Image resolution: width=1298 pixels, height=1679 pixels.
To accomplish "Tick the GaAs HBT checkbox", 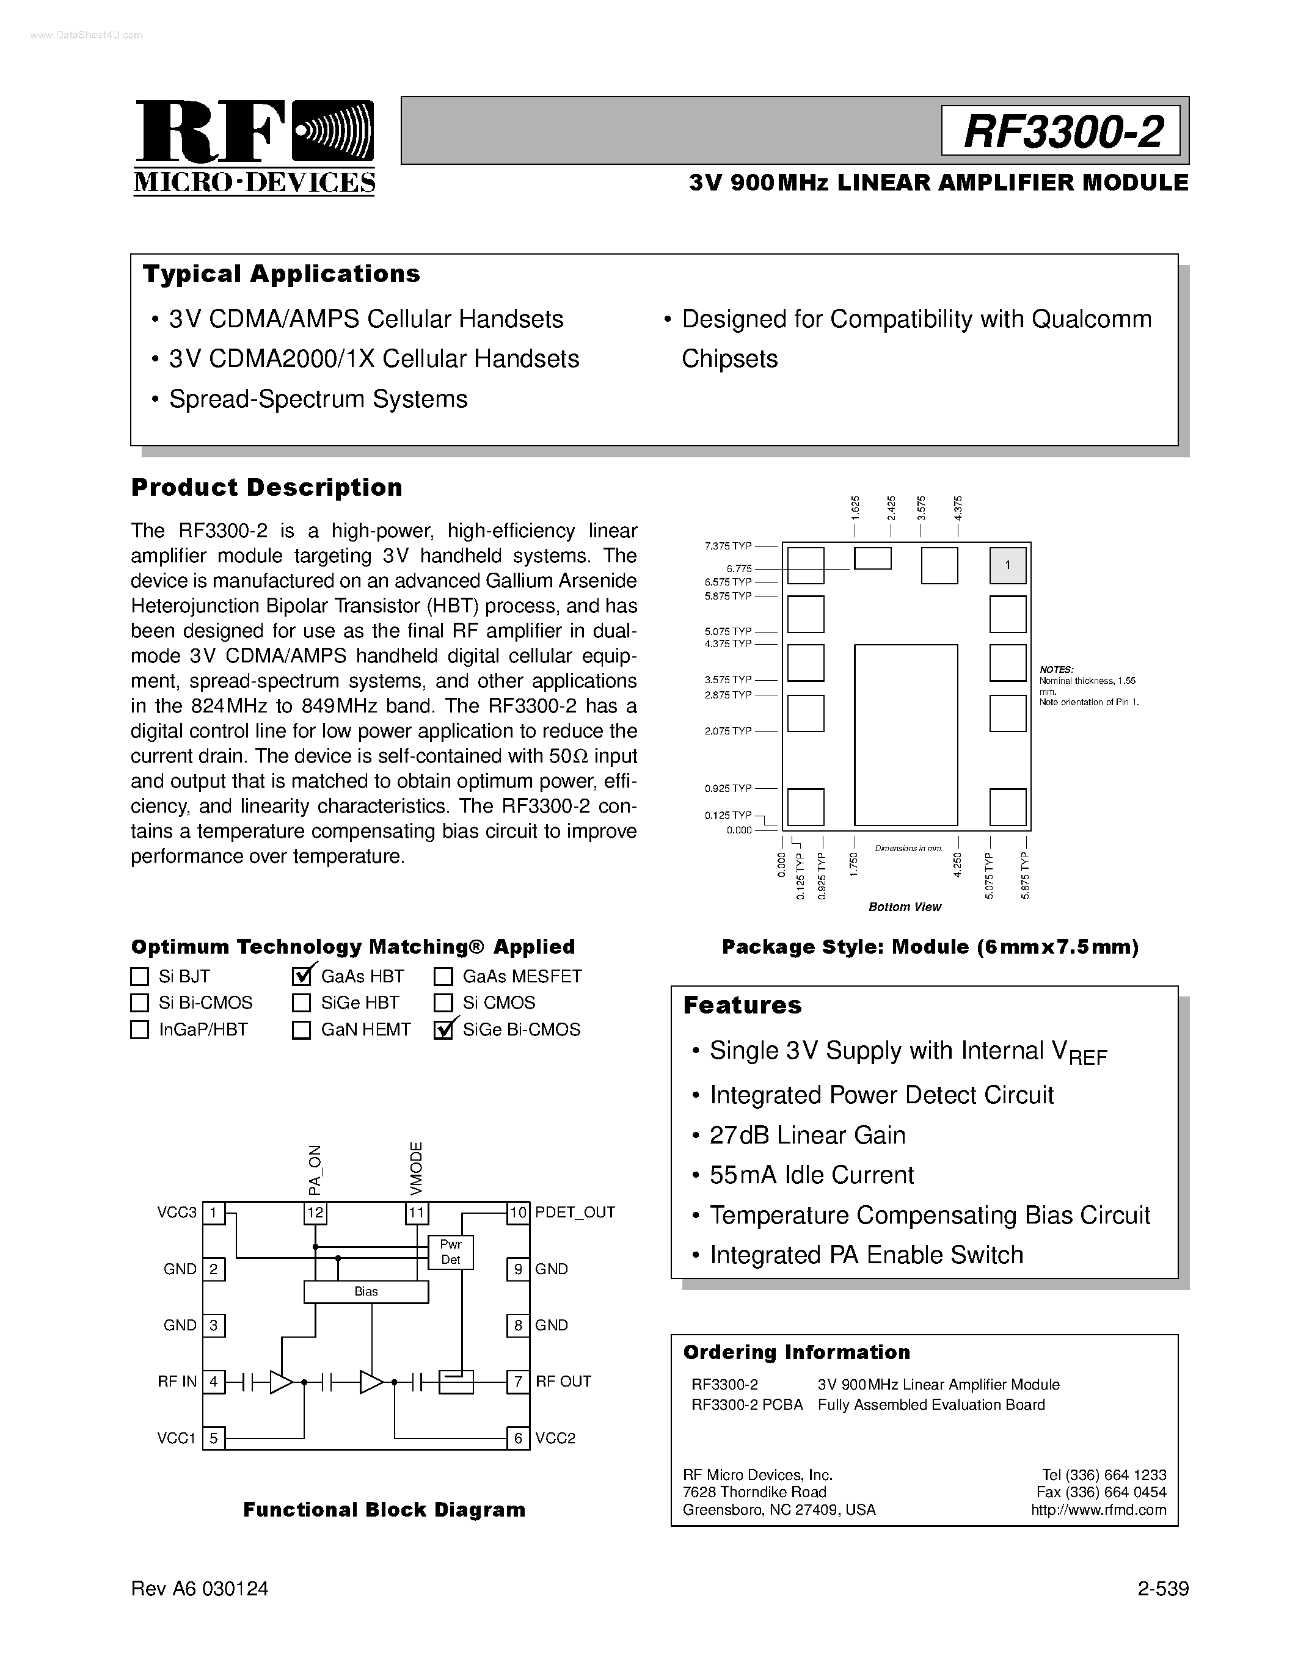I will tap(301, 976).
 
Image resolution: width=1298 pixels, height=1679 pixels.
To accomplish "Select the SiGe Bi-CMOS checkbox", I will tap(443, 1030).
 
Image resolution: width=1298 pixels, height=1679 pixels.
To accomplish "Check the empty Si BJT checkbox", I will tap(139, 976).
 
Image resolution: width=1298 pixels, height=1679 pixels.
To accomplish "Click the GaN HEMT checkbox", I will tap(301, 1030).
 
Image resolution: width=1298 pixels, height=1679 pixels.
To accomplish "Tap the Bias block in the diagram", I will tap(366, 1291).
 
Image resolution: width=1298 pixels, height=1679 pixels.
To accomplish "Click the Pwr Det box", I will tap(451, 1252).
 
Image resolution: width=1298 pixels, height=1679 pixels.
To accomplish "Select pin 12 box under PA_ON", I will tap(315, 1213).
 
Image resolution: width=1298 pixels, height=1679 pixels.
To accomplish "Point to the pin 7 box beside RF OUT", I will tap(518, 1382).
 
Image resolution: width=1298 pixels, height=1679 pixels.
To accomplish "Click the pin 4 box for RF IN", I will tap(214, 1382).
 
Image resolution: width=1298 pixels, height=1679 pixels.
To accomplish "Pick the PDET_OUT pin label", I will tap(575, 1213).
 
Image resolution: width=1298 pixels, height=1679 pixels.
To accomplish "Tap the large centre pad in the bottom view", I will tap(906, 735).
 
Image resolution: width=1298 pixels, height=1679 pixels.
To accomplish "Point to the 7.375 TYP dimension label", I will tap(727, 546).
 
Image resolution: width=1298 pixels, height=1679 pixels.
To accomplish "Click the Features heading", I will tap(742, 1006).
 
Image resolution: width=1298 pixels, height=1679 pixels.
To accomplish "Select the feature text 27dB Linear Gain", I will tap(808, 1136).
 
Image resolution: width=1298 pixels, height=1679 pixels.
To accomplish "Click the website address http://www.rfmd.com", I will tap(1098, 1510).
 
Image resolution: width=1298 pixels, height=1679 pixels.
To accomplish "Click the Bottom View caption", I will tap(904, 907).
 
